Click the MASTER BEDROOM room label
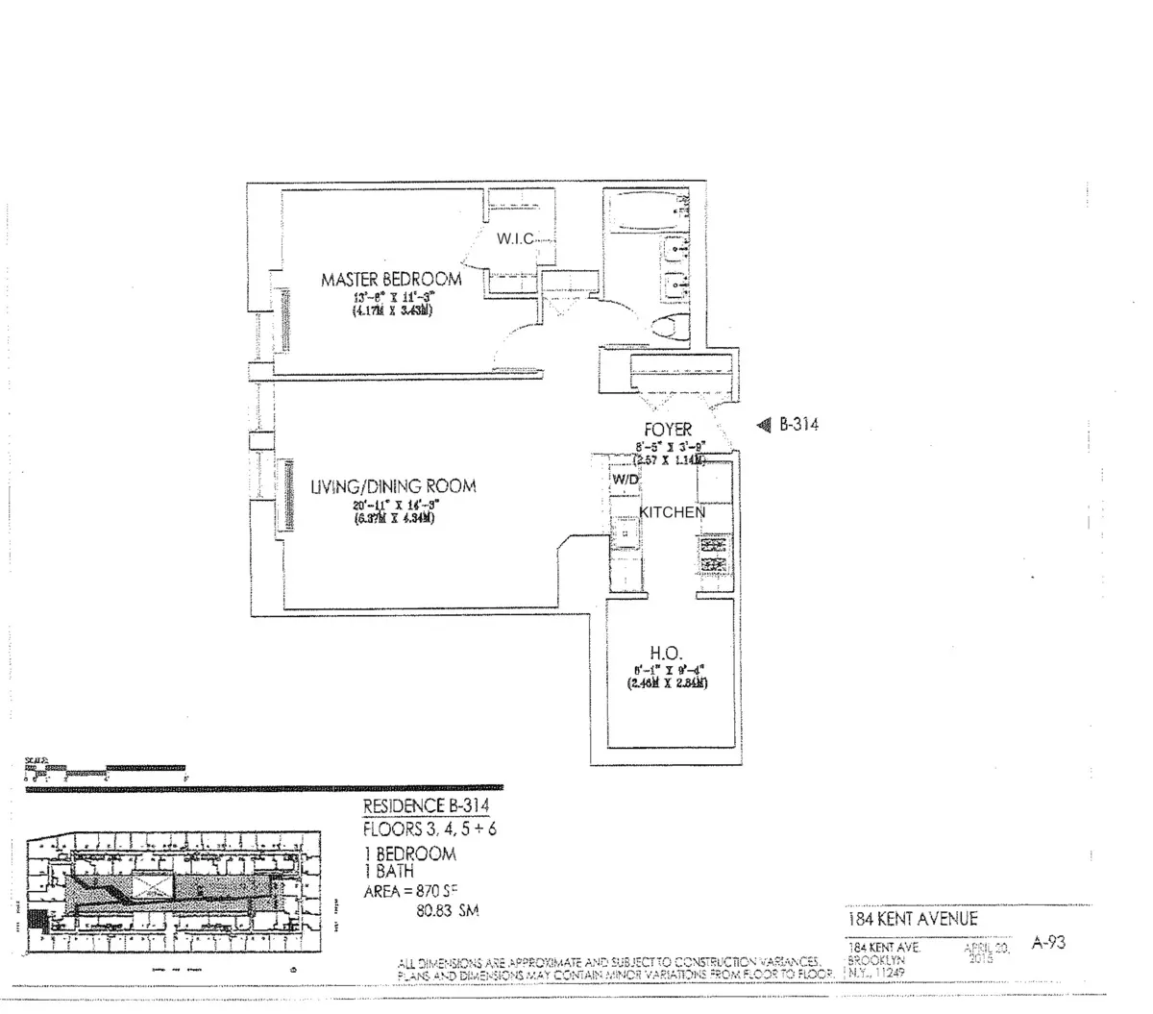tap(390, 280)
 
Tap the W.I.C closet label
tap(514, 239)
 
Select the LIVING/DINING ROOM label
tap(392, 486)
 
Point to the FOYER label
tap(667, 430)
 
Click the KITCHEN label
tap(672, 512)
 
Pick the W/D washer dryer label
tap(625, 478)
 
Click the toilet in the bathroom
tap(672, 328)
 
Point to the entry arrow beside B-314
tap(765, 424)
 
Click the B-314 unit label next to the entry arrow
tap(798, 424)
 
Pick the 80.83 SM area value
tap(446, 910)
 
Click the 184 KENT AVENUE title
tap(912, 919)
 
